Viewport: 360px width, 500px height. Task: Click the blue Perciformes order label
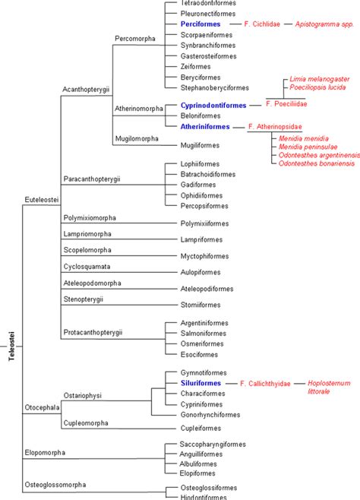pyautogui.click(x=201, y=24)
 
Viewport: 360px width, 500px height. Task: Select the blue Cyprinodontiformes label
pyautogui.click(x=213, y=105)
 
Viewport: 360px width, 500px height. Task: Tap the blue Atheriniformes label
pyautogui.click(x=206, y=126)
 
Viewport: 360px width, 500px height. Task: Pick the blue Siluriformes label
pyautogui.click(x=201, y=384)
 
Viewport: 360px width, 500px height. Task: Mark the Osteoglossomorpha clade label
pyautogui.click(x=55, y=484)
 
